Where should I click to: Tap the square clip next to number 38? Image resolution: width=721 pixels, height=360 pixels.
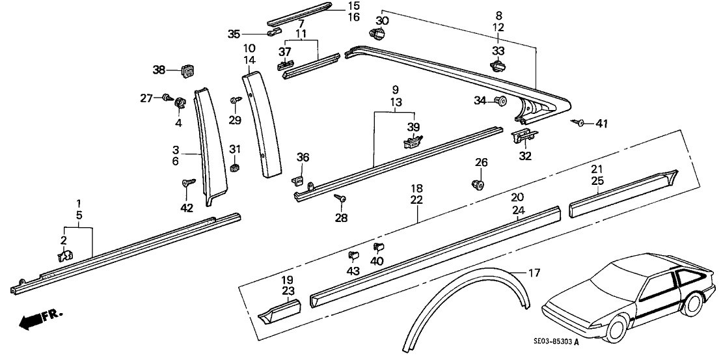[188, 69]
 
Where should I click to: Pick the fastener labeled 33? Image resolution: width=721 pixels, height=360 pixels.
[497, 65]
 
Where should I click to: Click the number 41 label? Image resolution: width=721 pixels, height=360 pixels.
[601, 123]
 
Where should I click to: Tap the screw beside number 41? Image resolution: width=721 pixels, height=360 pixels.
[579, 122]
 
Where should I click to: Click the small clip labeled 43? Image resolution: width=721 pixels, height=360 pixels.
[354, 255]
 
